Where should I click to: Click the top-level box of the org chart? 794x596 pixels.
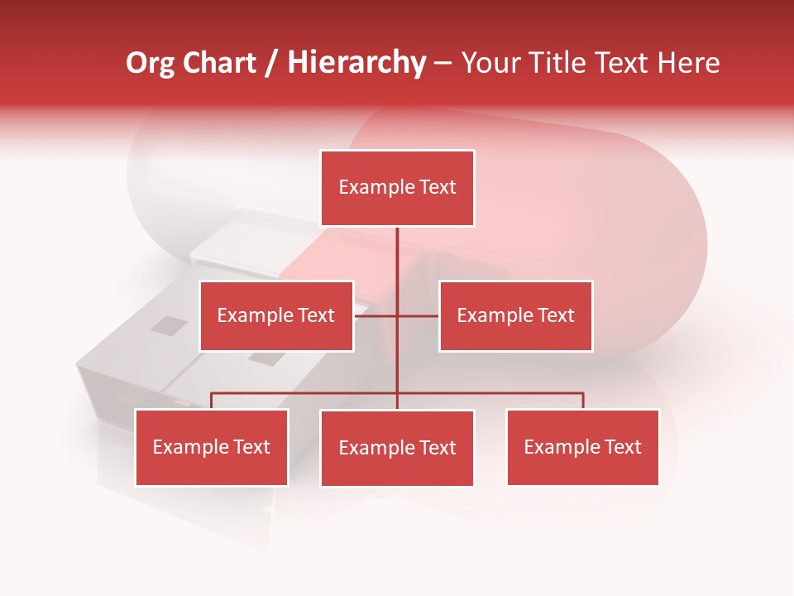(397, 188)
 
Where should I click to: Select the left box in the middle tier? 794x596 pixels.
(276, 315)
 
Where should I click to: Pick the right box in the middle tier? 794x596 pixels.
(515, 315)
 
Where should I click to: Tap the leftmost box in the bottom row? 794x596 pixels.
(212, 447)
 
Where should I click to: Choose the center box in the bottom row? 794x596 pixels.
(397, 448)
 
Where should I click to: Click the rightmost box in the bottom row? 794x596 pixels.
(582, 447)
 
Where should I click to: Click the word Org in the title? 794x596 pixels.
(150, 63)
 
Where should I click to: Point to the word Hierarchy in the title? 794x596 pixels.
(356, 63)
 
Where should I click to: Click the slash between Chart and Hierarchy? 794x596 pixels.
(271, 64)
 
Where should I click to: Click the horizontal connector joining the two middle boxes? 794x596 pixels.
(376, 315)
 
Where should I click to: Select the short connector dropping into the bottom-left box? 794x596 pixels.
(212, 401)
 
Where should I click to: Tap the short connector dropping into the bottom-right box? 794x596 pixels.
(583, 401)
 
